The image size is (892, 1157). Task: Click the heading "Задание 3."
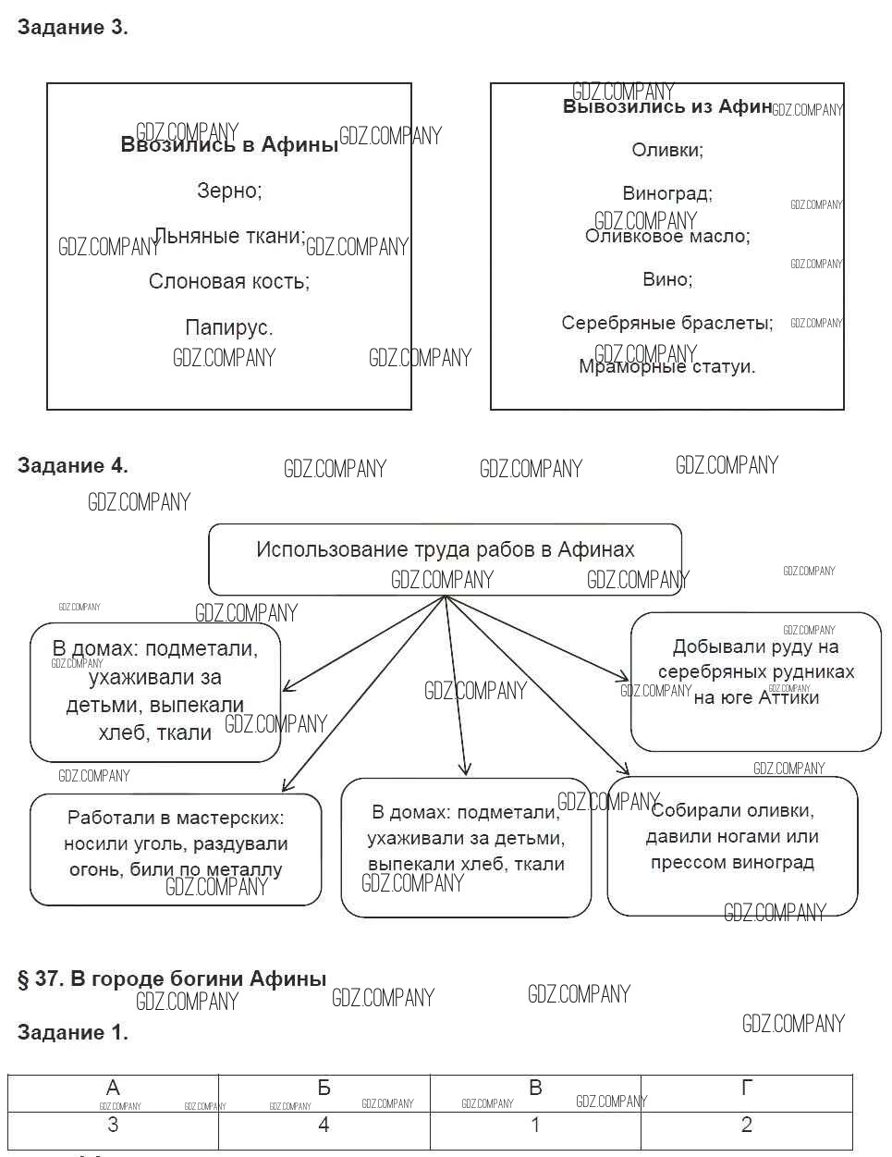tap(72, 28)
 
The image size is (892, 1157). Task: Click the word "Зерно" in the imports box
tap(228, 191)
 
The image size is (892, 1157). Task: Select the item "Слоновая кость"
tap(228, 281)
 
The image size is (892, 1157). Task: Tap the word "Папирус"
tap(228, 327)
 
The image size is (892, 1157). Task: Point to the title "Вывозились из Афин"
tap(666, 107)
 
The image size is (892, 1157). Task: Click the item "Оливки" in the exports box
tap(666, 150)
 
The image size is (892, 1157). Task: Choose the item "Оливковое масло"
tap(666, 237)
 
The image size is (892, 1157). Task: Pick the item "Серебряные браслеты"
tap(666, 323)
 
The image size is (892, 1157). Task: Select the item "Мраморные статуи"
tap(666, 367)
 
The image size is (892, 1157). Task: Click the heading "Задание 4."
tap(72, 465)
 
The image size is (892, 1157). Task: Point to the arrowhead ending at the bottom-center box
tap(465, 769)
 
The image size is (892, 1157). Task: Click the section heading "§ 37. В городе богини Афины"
tap(172, 979)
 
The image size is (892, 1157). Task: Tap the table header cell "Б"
tap(324, 1089)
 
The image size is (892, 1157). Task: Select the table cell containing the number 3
tap(113, 1126)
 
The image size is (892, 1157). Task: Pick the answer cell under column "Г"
tap(746, 1126)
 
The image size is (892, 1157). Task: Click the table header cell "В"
tap(535, 1089)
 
